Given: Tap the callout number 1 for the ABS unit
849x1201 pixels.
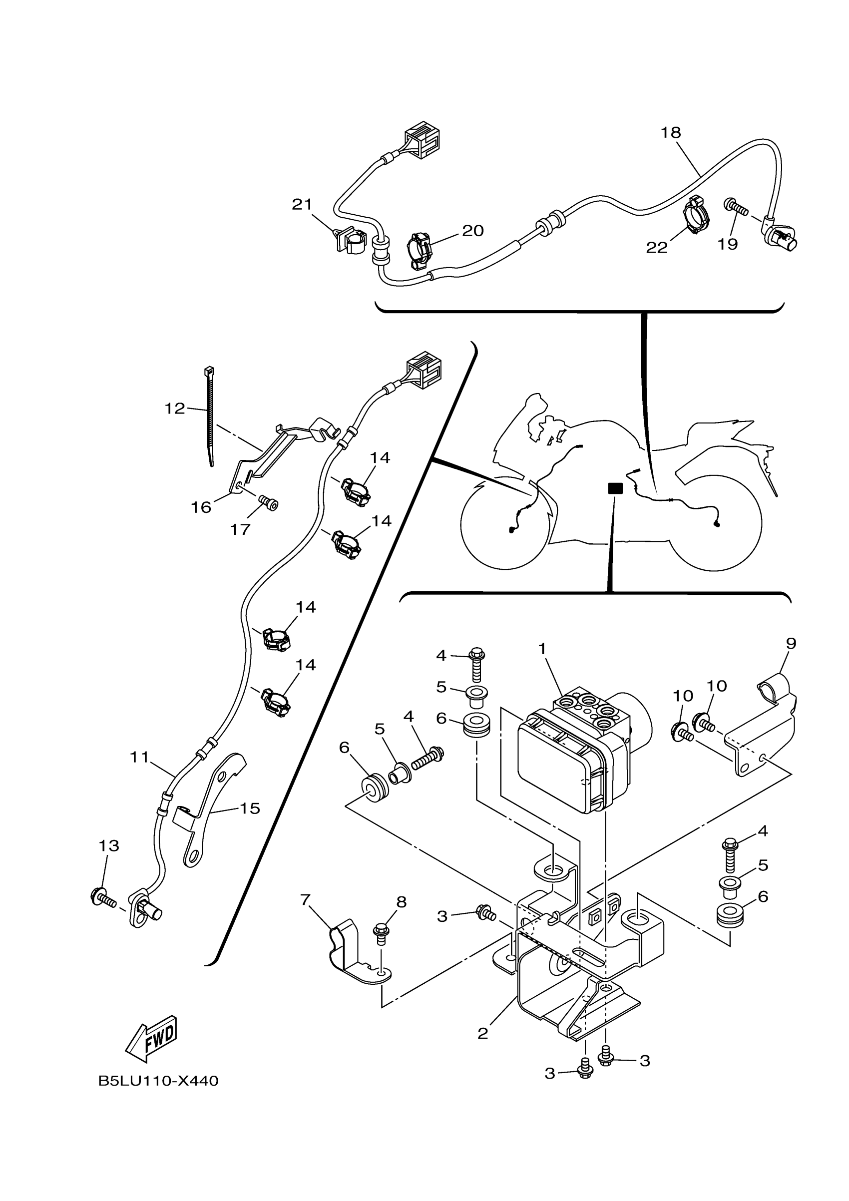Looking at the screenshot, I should tap(542, 649).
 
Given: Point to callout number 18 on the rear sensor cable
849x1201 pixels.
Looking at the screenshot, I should tap(671, 133).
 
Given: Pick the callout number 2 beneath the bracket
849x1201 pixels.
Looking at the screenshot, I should tap(482, 1034).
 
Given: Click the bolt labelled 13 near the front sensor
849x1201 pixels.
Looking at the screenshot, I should tap(103, 899).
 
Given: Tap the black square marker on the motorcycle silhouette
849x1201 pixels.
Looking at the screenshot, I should tap(615, 488).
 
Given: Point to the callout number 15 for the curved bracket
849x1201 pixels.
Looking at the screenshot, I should tap(250, 808).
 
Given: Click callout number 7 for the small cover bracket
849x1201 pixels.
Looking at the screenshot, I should tap(306, 900).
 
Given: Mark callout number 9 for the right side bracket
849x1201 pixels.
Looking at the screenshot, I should tap(791, 643).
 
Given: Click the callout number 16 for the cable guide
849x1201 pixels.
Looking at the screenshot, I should tap(201, 507).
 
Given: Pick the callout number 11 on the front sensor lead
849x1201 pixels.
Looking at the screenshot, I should tap(140, 757).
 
